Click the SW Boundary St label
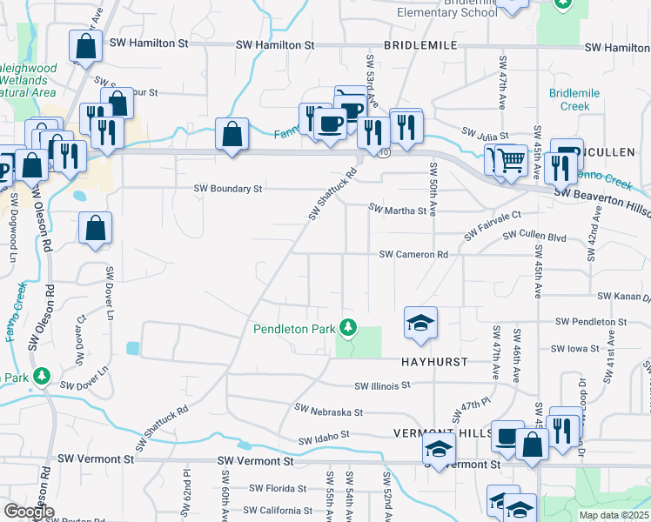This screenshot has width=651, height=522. pos(227,188)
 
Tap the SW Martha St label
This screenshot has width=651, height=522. pos(398,210)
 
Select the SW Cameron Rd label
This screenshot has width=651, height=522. pos(413,255)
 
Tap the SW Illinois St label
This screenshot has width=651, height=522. pos(382,385)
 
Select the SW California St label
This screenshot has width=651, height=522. pos(278,511)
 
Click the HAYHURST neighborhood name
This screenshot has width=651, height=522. pos(435,361)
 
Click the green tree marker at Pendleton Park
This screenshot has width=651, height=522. pos(348,327)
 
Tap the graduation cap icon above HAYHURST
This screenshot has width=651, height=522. pos(420,323)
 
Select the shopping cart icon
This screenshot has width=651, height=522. pos(512,161)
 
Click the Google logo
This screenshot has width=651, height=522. pos(29,512)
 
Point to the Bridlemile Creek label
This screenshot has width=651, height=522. pos(569,99)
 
